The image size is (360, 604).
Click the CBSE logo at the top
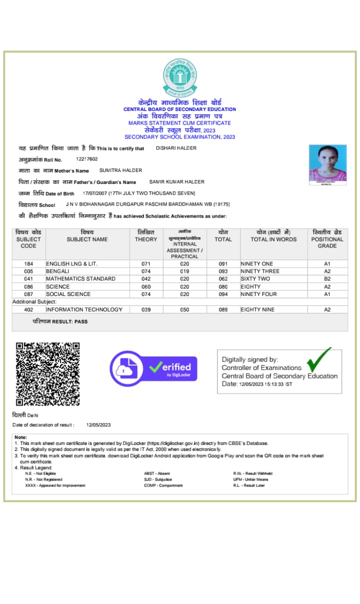point(180,77)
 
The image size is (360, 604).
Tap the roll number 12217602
point(87,159)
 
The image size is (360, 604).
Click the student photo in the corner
point(327,165)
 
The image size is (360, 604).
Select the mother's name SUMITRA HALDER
point(120,170)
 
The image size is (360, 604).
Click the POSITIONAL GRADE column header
point(327,239)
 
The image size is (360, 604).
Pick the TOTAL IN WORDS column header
point(273,239)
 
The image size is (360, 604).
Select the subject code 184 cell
point(28,263)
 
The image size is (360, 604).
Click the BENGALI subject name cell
point(57,271)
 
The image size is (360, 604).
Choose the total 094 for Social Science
point(223,294)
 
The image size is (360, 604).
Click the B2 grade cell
point(327,279)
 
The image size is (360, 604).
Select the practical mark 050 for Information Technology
point(184,310)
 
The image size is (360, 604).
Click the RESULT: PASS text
point(60,321)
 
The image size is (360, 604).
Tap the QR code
point(47,373)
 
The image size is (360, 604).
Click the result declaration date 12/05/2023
point(98,425)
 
